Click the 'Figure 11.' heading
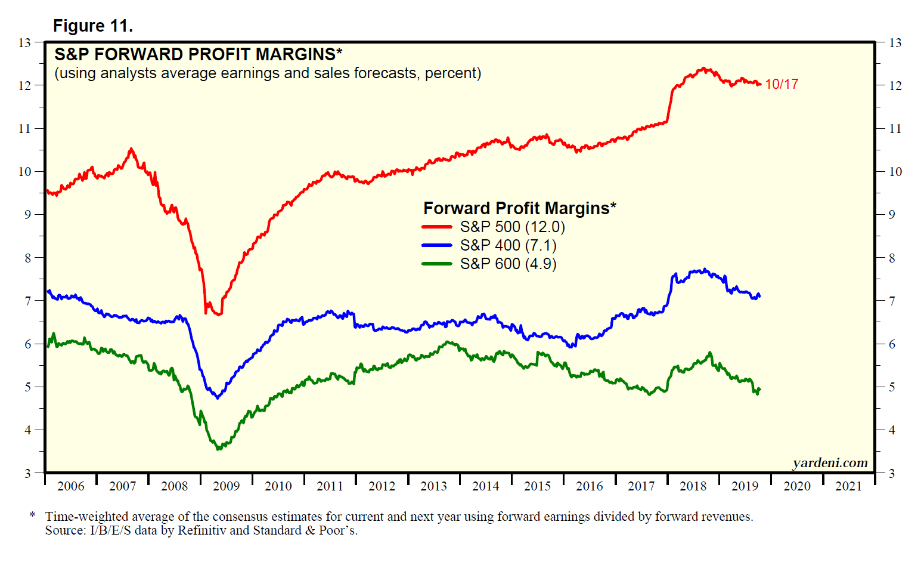92,26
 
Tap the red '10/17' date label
782,84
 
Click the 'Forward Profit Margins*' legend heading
519,208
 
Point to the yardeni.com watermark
830,463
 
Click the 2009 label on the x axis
226,486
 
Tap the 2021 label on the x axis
848,486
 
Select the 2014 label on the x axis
485,486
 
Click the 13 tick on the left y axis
24,42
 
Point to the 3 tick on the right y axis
892,474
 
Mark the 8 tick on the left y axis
27,258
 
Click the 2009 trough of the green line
218,448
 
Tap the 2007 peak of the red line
132,149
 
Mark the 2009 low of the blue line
218,397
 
